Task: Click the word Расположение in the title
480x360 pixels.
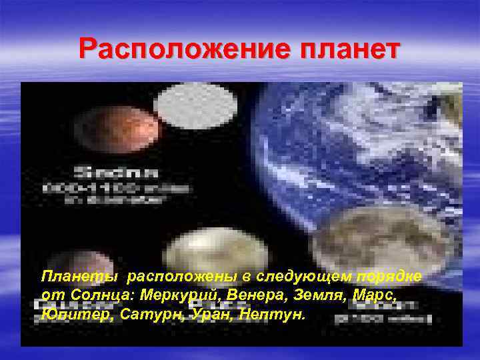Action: [176, 49]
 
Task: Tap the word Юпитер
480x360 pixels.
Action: [69, 313]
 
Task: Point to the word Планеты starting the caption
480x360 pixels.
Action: [79, 275]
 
